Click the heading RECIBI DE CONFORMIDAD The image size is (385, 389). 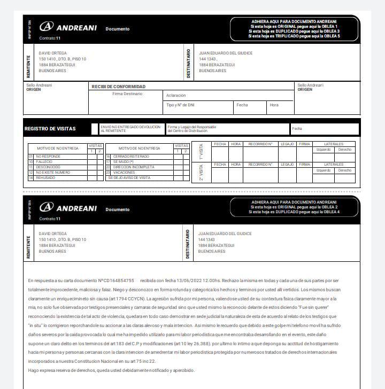(118, 87)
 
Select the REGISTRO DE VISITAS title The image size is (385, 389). (50, 129)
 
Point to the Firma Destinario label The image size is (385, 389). (127, 94)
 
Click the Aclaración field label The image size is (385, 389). (176, 95)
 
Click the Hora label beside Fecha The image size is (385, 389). (274, 105)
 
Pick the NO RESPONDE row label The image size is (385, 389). (49, 156)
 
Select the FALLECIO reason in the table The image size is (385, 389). (44, 161)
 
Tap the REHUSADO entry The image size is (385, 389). (45, 177)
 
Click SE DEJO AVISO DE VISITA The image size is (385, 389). (129, 177)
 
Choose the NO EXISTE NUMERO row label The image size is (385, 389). (53, 172)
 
